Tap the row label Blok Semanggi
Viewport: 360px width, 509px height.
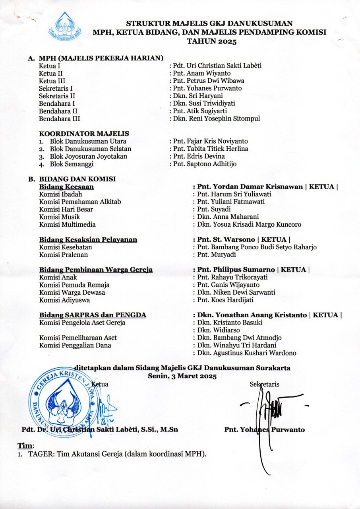[x=69, y=164]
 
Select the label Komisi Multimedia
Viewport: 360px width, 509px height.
[x=67, y=224]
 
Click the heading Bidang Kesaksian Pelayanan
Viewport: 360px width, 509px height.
[x=88, y=240]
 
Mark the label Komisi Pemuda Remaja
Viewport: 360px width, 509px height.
[x=74, y=285]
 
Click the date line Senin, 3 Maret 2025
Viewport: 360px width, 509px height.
[x=182, y=376]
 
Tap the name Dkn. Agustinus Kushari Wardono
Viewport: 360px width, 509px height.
[x=246, y=353]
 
